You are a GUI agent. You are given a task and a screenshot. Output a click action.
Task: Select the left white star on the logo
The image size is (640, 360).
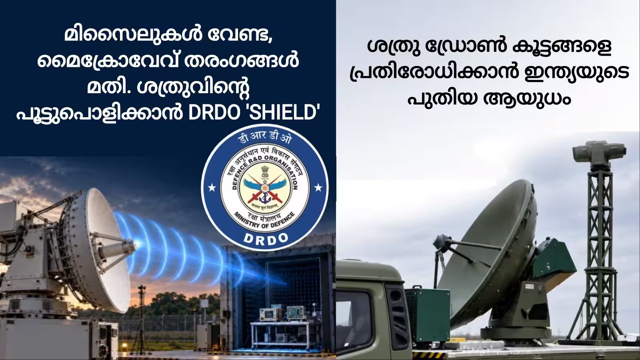click(x=212, y=188)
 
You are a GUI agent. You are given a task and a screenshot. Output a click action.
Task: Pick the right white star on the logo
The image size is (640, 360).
click(x=318, y=188)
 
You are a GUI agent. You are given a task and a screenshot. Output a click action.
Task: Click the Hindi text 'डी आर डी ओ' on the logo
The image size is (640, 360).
click(x=265, y=140)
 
